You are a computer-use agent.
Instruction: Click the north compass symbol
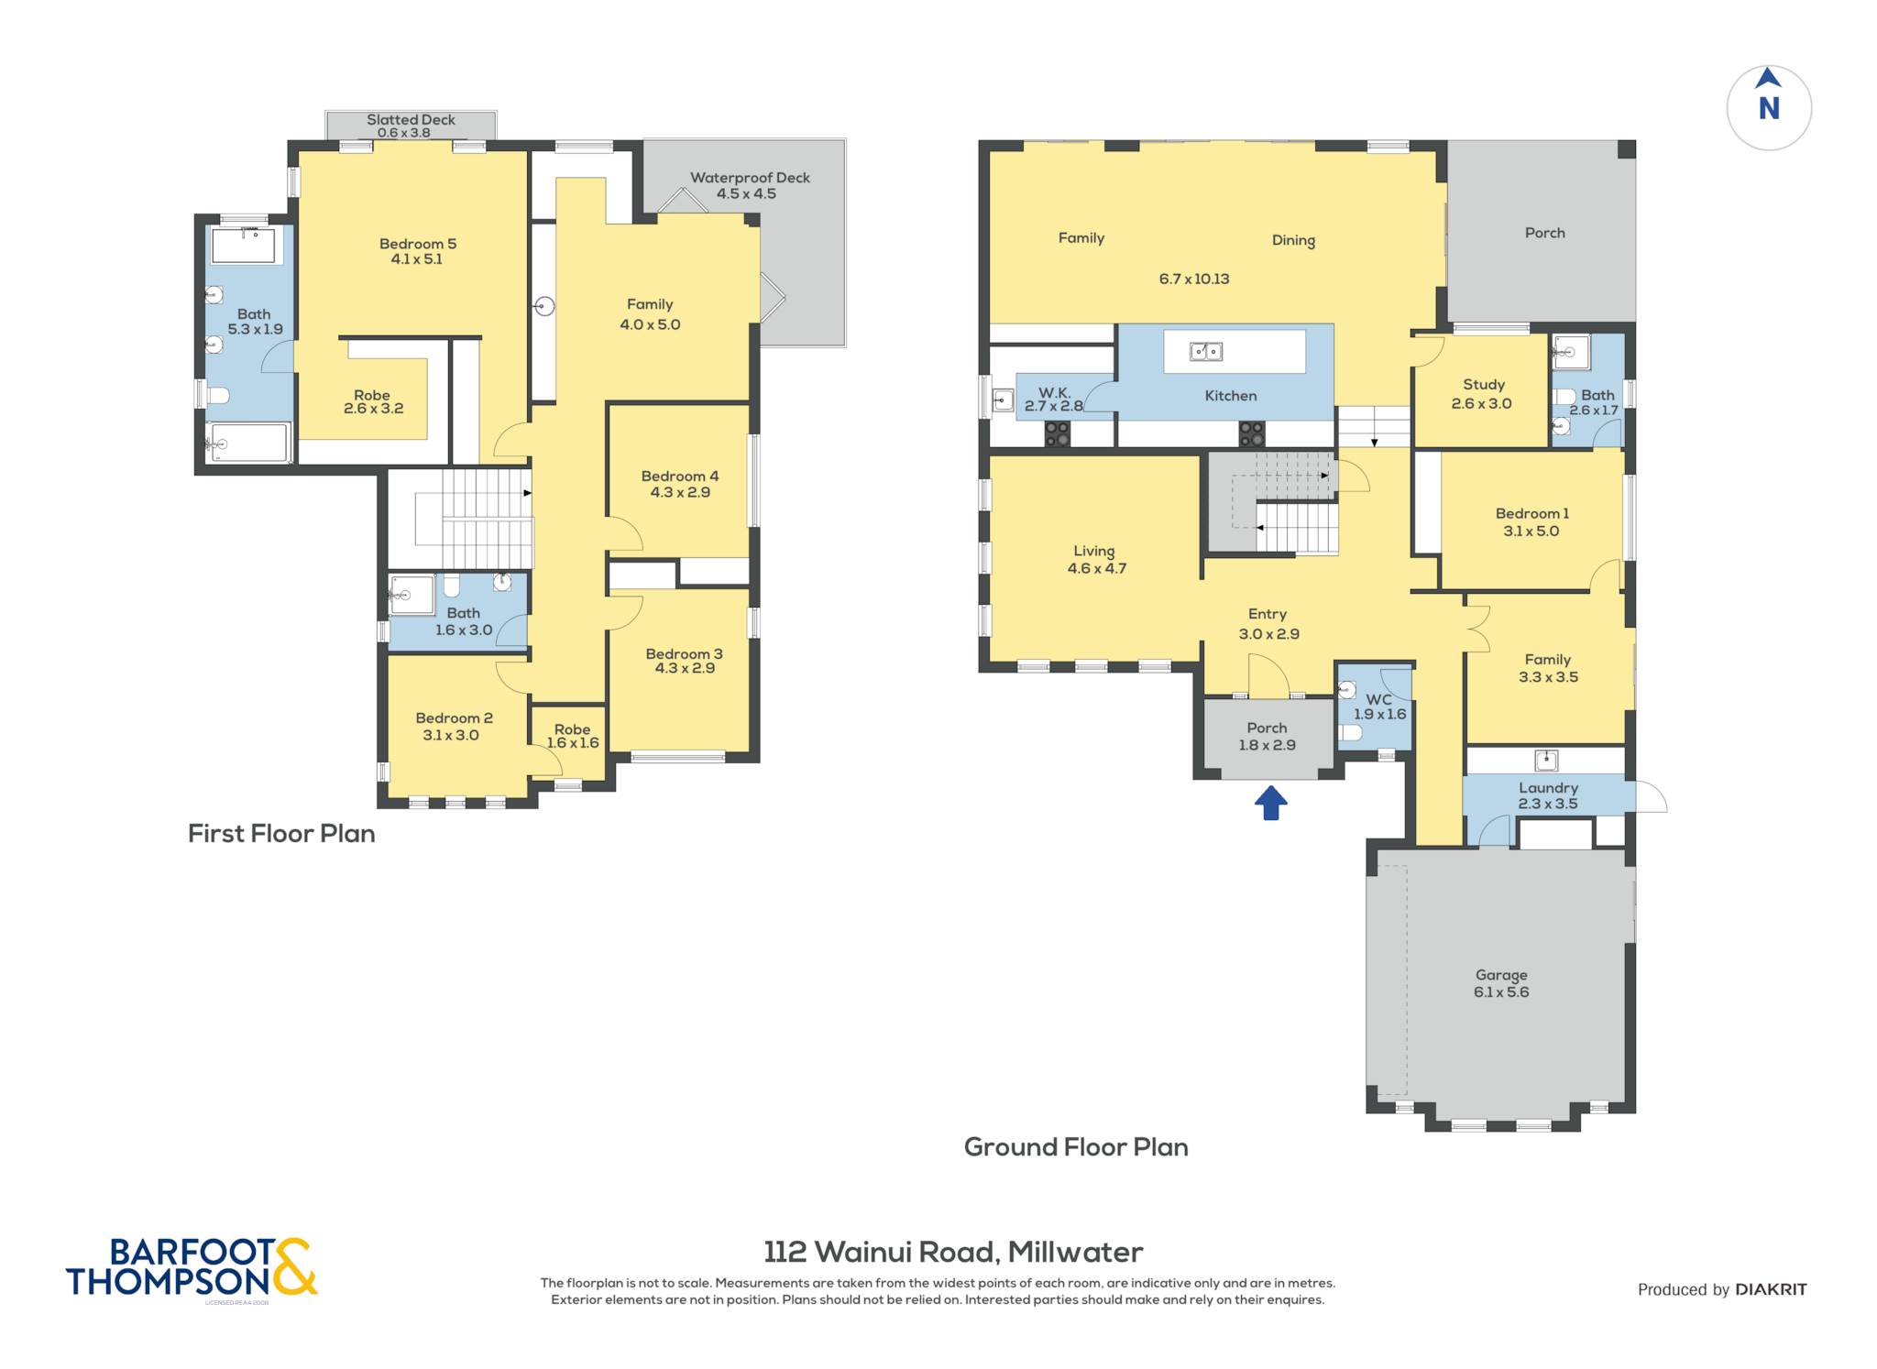pos(1769,107)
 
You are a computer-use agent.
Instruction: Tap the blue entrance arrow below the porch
pos(1270,803)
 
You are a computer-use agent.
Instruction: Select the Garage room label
pos(1501,975)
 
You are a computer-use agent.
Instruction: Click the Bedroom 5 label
pos(418,244)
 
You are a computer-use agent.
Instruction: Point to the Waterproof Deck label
pos(750,178)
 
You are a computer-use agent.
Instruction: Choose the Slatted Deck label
pos(411,119)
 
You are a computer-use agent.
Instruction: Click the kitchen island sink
pos(1205,351)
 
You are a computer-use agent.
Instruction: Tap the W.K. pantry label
pos(1055,392)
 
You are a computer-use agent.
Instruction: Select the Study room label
pos(1484,385)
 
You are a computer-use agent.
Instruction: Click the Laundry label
pos(1548,788)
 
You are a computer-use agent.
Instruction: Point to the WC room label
pos(1378,699)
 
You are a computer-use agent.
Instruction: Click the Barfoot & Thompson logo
pos(192,1268)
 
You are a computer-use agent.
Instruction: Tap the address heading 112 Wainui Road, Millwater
pos(953,1252)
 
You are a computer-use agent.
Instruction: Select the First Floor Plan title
pos(281,833)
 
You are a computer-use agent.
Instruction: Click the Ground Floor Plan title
pos(1076,1146)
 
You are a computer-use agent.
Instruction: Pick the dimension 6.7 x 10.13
pos(1194,279)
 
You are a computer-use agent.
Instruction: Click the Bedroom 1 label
pos(1532,513)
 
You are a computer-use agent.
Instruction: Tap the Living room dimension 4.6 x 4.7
pos(1097,568)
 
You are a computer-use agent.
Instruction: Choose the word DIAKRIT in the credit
pos(1772,1289)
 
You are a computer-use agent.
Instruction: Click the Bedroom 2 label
pos(454,718)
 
